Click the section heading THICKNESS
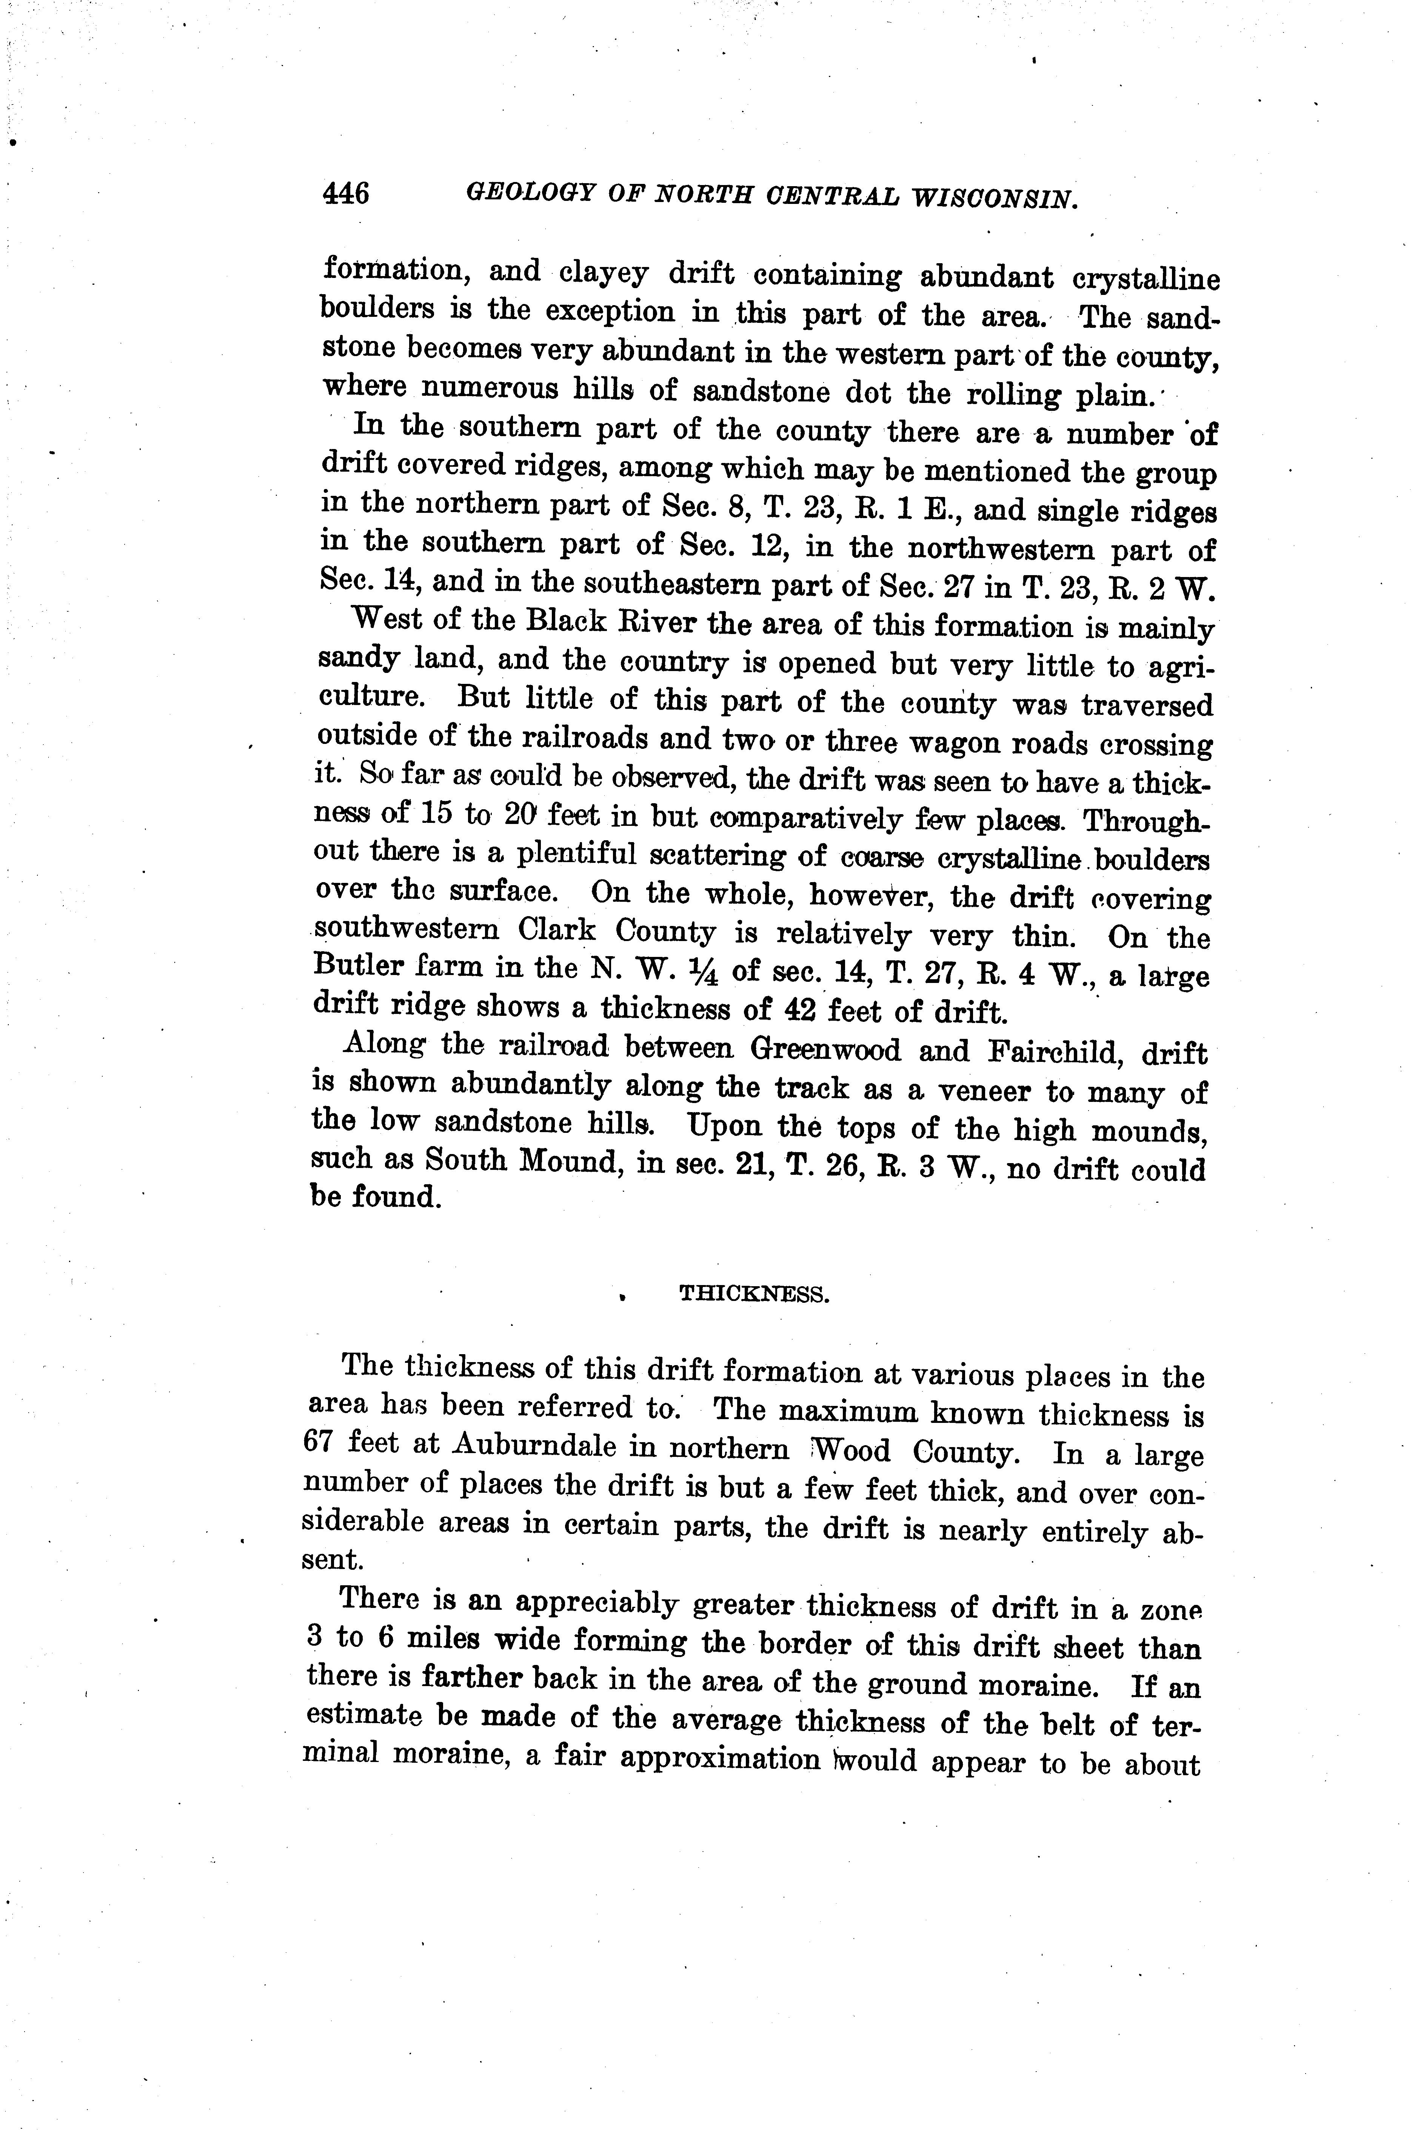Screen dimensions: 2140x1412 click(x=754, y=1294)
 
